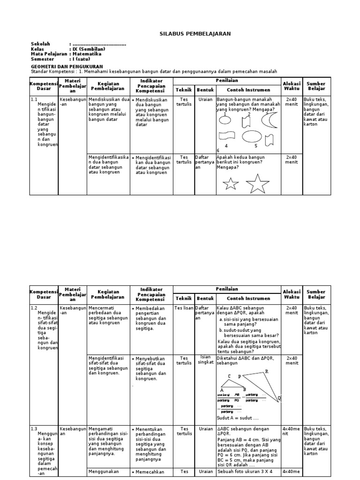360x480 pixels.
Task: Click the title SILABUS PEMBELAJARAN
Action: (188, 34)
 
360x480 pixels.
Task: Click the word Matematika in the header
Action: (87, 54)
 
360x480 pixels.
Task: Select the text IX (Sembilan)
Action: (88, 49)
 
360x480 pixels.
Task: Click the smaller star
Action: (231, 184)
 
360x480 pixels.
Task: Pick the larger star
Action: (257, 183)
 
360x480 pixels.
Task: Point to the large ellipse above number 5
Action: (252, 136)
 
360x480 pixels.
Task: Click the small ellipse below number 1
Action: (225, 120)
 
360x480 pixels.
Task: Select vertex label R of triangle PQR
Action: (267, 371)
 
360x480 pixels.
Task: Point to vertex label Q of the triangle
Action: (279, 398)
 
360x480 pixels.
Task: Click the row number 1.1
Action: (34, 99)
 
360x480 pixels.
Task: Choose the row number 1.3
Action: (34, 428)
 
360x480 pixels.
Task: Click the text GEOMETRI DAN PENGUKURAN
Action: (63, 67)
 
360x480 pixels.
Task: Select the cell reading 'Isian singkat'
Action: (204, 359)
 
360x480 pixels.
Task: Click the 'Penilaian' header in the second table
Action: (227, 290)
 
